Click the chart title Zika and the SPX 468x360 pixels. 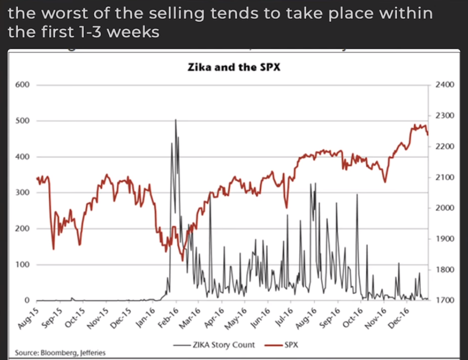[x=234, y=67]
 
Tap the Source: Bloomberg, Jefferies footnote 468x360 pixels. [x=60, y=352]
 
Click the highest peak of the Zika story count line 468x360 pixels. [x=176, y=120]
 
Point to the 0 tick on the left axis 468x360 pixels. [x=27, y=300]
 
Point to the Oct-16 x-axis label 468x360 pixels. [x=352, y=316]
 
